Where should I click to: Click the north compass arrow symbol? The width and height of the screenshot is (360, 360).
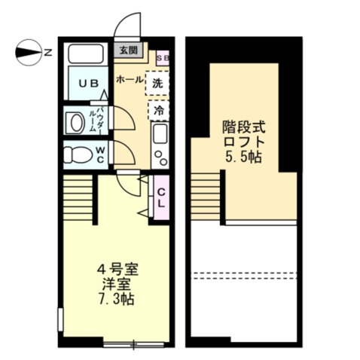pyautogui.click(x=28, y=52)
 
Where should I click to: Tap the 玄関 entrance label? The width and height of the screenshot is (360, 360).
pyautogui.click(x=128, y=51)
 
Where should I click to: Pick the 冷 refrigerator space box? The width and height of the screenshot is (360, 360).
pyautogui.click(x=158, y=110)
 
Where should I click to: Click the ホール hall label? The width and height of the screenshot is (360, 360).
pyautogui.click(x=130, y=78)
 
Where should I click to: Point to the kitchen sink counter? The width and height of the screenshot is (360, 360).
pyautogui.click(x=160, y=145)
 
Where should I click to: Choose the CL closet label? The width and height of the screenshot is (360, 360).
pyautogui.click(x=160, y=197)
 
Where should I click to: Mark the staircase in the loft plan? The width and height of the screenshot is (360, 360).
pyautogui.click(x=208, y=196)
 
